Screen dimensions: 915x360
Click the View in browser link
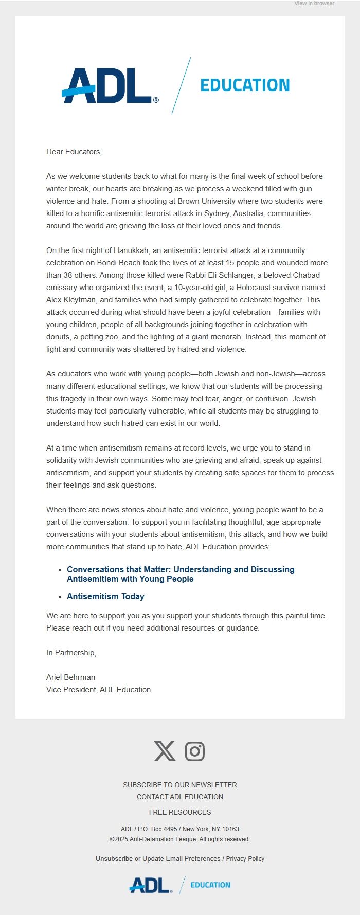[x=314, y=3]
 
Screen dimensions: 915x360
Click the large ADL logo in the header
[x=110, y=85]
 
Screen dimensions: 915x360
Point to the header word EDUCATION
[x=245, y=85]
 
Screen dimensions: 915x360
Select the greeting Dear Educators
[x=74, y=152]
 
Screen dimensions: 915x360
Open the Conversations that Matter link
[x=181, y=574]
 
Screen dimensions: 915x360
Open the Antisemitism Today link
[x=105, y=596]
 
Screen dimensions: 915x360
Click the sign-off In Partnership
[x=71, y=653]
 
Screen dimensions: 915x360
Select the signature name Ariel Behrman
[x=70, y=677]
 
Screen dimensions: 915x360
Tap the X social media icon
[x=165, y=751]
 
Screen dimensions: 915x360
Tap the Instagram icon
[x=195, y=751]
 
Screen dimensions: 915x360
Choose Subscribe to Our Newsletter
[x=180, y=785]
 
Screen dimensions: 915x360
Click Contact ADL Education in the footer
[x=180, y=797]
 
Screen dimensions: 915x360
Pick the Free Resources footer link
[x=180, y=812]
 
